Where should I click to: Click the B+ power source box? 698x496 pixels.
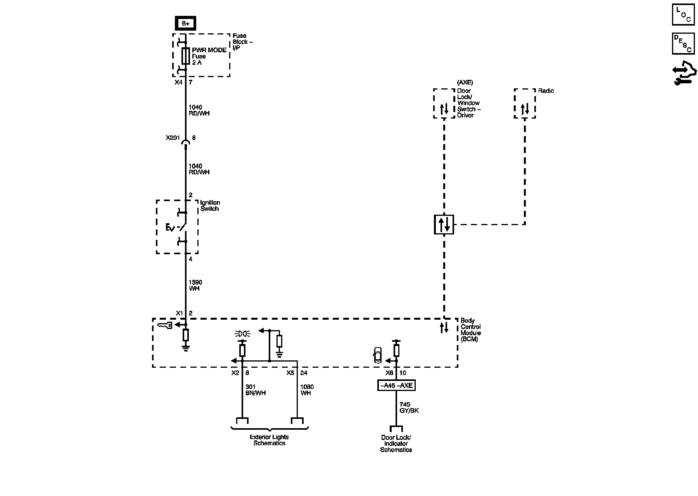[186, 23]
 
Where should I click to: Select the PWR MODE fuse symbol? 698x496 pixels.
[186, 56]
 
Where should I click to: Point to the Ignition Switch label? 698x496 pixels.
[210, 206]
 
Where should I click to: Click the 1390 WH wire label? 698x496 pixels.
[195, 286]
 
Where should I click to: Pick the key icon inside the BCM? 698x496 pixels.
[165, 325]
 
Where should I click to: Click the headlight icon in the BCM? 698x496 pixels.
[243, 334]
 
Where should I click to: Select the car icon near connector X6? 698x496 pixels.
[377, 355]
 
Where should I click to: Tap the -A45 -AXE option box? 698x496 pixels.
[396, 386]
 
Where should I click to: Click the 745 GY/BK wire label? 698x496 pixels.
[409, 408]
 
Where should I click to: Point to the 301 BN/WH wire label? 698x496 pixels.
[256, 390]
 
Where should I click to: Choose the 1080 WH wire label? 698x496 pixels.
[307, 390]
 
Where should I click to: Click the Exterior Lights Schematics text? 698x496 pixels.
[270, 440]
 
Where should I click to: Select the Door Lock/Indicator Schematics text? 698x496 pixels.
[396, 444]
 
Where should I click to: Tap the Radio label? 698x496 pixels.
[546, 91]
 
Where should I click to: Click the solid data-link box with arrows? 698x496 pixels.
[444, 224]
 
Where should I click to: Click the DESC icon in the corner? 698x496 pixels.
[683, 44]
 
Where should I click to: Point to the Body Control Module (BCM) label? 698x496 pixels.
[471, 330]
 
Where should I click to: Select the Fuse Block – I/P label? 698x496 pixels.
[242, 42]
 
